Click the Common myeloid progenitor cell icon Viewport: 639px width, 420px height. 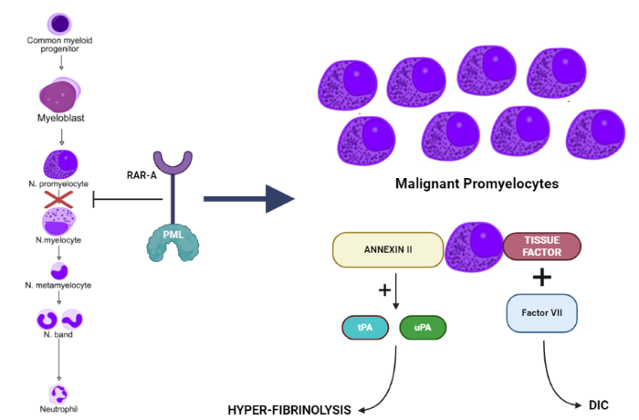point(60,22)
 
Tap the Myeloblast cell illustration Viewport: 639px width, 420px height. point(60,95)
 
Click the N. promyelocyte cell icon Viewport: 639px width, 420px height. point(60,165)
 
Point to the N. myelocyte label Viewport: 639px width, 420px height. point(59,240)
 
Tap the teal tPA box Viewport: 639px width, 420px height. point(365,326)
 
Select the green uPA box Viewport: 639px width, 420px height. point(423,326)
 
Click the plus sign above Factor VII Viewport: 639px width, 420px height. point(543,278)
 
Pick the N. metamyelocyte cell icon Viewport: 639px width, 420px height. point(60,270)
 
